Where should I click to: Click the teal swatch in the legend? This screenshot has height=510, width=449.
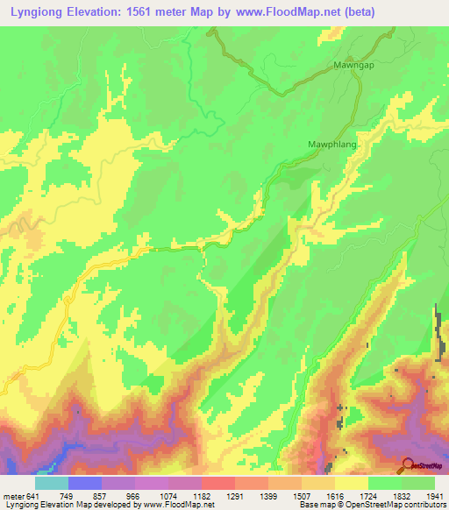pyautogui.click(x=52, y=483)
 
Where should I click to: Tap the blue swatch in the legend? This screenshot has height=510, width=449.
pyautogui.click(x=85, y=483)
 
